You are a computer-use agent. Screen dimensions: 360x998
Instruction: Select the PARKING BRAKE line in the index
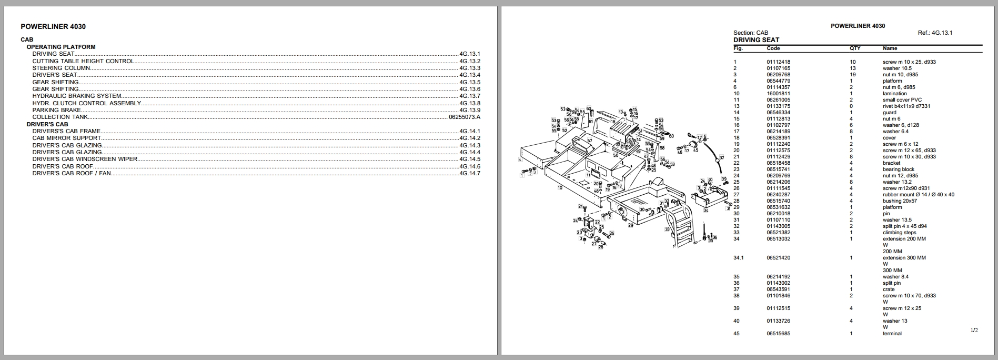coord(57,110)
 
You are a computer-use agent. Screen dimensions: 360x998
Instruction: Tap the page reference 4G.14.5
coord(469,159)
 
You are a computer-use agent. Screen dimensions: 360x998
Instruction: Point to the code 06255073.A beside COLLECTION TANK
coord(464,117)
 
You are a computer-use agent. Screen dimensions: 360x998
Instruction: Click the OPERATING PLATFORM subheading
coord(61,47)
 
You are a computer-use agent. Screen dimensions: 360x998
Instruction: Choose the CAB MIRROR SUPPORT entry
coord(67,138)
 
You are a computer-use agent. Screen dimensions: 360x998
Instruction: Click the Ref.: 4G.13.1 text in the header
coord(935,33)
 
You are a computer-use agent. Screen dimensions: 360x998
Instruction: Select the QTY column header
coord(855,48)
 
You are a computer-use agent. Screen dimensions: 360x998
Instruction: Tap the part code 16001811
coord(778,94)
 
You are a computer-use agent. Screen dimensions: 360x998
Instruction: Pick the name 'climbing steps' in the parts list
coord(899,233)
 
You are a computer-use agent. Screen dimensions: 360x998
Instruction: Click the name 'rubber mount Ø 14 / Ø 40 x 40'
coord(918,195)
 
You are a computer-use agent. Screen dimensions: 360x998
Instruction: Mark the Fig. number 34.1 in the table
coord(739,258)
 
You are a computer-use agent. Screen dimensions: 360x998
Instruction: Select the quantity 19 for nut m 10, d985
coord(852,75)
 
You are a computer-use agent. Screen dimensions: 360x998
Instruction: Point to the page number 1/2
coord(974,331)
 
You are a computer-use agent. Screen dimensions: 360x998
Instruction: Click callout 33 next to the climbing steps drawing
coord(667,229)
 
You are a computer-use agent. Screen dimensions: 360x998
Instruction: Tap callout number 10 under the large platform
coord(560,187)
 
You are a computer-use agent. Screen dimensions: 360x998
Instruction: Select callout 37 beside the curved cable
coord(722,157)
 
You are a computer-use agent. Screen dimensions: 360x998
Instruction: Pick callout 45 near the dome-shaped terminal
coord(695,150)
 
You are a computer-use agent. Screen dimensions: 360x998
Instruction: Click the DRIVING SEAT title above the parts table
coord(756,40)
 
